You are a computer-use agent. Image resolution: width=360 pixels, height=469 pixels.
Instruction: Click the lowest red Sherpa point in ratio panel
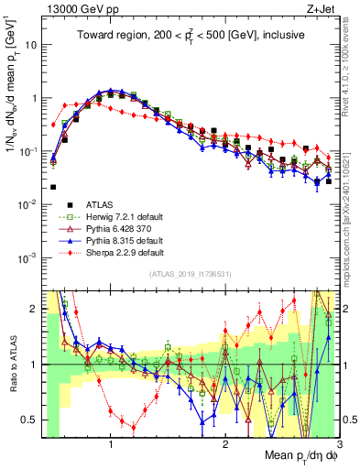click(134, 427)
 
